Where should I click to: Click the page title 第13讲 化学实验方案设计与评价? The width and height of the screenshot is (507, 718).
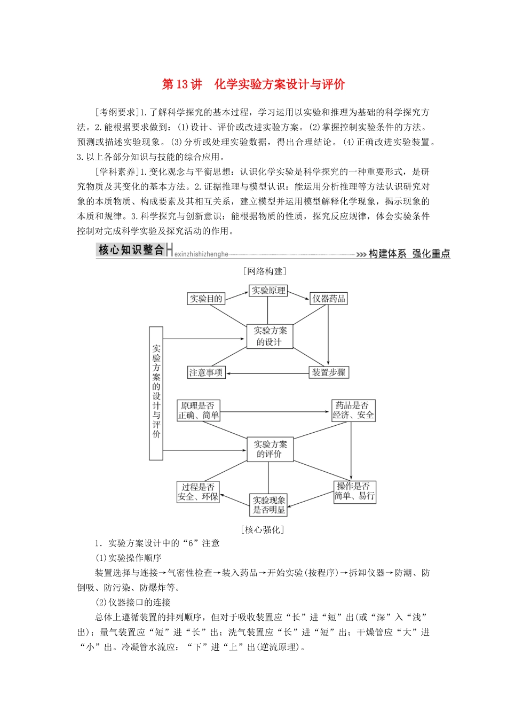(253, 84)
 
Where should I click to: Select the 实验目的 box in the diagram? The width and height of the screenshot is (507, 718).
(206, 299)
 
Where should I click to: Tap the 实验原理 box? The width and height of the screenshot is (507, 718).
(268, 291)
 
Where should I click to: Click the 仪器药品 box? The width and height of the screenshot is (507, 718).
(329, 299)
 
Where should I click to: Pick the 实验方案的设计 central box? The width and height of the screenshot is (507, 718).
(270, 337)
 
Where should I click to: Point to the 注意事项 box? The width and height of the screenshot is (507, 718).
(206, 372)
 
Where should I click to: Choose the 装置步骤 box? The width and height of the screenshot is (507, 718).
(329, 372)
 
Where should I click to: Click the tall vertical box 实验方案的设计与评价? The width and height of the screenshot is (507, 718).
(156, 393)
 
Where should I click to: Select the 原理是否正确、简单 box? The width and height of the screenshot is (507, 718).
(199, 410)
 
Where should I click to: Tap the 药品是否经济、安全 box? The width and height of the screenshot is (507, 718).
(353, 410)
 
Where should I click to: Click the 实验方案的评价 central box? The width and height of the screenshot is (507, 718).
(270, 449)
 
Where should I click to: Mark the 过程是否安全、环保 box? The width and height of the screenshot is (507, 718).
(198, 492)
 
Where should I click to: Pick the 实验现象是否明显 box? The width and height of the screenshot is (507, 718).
(269, 505)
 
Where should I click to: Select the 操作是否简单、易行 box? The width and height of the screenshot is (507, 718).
(354, 491)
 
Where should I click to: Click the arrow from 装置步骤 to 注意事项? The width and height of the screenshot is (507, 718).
(267, 373)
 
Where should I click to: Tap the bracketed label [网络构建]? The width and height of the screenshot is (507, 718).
(264, 271)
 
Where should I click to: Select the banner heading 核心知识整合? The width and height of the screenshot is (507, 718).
(131, 250)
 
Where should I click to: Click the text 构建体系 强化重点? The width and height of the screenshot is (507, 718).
(409, 254)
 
